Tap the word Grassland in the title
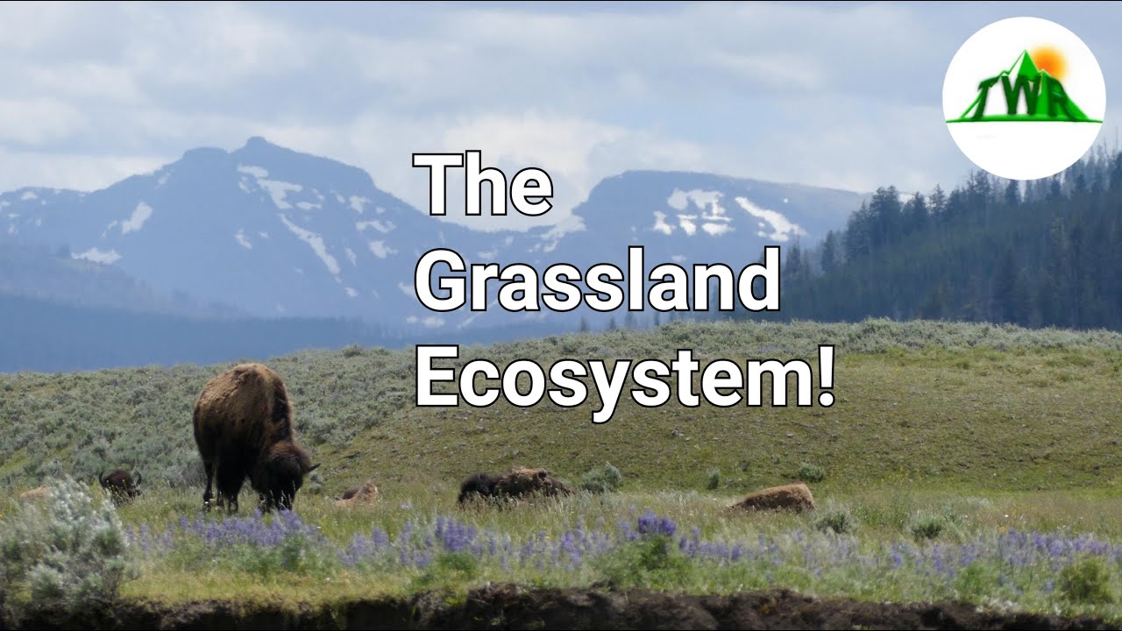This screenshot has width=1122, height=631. [x=597, y=280]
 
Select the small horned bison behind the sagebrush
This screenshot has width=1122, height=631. [x=119, y=483]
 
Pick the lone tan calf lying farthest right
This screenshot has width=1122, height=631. [x=773, y=499]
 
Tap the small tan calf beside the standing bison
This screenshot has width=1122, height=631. [x=359, y=495]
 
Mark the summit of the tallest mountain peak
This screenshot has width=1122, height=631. [x=256, y=142]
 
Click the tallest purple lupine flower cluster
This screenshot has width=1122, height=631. [x=656, y=525]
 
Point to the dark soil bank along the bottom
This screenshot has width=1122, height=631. [x=561, y=610]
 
